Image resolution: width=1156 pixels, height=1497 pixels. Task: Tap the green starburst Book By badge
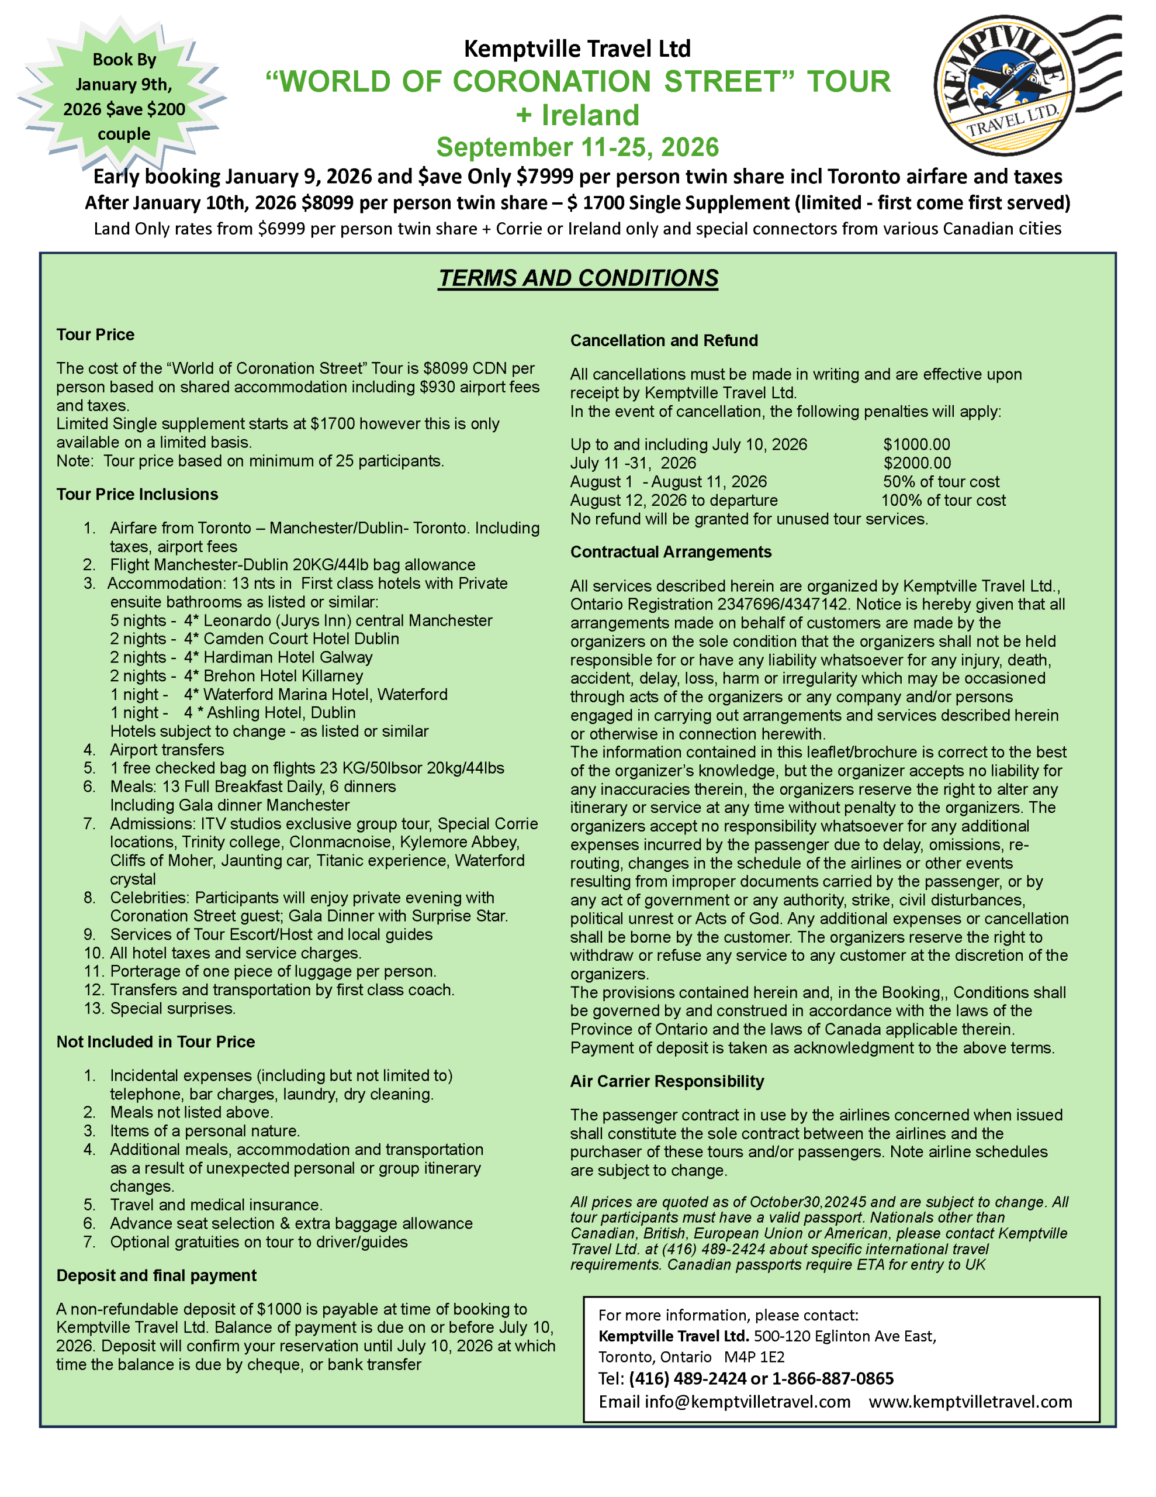point(123,96)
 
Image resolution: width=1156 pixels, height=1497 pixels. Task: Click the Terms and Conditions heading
point(577,278)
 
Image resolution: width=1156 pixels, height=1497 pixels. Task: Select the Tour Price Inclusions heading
point(137,494)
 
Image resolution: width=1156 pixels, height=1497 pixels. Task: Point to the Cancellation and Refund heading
point(663,341)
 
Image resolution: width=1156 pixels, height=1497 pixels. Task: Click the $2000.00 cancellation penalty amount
point(916,463)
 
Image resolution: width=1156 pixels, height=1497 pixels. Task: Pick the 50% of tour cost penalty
point(940,482)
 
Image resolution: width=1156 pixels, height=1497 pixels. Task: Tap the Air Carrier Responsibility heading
point(666,1081)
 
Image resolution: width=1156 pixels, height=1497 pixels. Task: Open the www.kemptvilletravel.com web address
point(970,1402)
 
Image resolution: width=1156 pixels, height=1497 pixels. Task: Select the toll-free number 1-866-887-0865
point(833,1378)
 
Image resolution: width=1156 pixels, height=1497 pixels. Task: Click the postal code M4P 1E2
point(754,1357)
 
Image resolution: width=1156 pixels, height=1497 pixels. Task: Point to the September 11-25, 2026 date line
point(577,147)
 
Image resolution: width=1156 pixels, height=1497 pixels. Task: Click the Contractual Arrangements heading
point(670,552)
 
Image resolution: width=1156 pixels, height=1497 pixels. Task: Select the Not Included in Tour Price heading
point(155,1042)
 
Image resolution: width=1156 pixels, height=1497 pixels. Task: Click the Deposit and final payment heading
point(156,1275)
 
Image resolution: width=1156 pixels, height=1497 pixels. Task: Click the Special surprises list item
point(172,1008)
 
